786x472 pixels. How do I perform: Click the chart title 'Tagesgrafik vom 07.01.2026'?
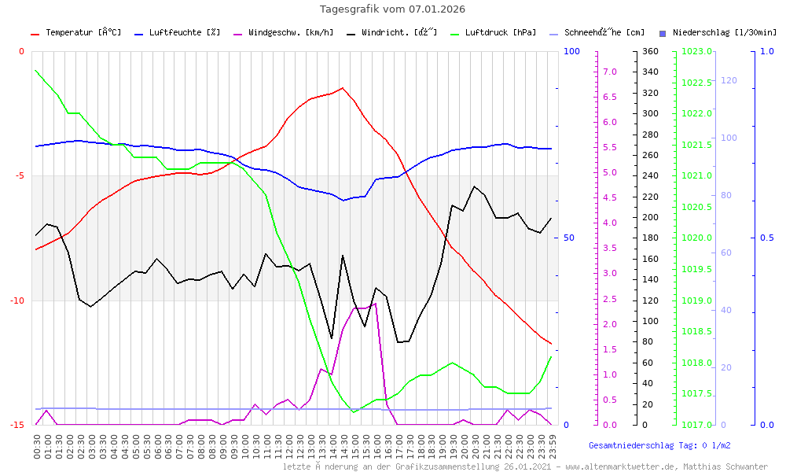pyautogui.click(x=392, y=9)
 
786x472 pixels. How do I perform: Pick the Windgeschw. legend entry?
pyautogui.click(x=290, y=33)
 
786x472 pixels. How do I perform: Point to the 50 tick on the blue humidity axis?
pyautogui.click(x=574, y=238)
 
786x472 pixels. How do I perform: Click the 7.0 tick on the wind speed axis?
pyautogui.click(x=609, y=72)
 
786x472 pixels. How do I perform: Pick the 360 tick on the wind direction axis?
pyautogui.click(x=649, y=52)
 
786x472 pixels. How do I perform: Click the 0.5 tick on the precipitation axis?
pyautogui.click(x=768, y=238)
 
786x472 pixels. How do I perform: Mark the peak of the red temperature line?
pyautogui.click(x=343, y=88)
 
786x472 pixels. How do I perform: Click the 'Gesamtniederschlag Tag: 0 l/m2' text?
pyautogui.click(x=659, y=445)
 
